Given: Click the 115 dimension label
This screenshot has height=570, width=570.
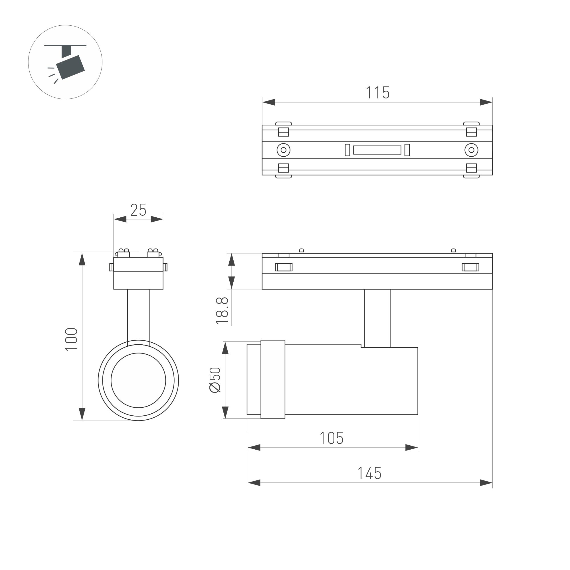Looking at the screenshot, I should click(x=378, y=93).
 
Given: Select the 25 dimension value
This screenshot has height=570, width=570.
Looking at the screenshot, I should click(x=138, y=210).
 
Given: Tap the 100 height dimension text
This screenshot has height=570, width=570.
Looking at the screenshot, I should click(x=71, y=339).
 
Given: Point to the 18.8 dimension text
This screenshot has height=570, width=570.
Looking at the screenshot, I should click(x=222, y=311).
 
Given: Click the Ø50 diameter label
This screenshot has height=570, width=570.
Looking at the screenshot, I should click(x=215, y=380).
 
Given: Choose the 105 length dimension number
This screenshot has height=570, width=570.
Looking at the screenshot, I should click(x=332, y=438).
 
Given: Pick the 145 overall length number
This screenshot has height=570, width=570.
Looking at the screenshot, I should click(x=369, y=474).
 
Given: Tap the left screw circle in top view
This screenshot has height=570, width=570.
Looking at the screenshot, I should click(x=284, y=150).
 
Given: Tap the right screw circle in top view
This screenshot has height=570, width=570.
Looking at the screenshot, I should click(x=471, y=150).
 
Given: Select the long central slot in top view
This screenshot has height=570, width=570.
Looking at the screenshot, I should click(x=377, y=150).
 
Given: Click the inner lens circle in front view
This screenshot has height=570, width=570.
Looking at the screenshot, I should click(x=138, y=380).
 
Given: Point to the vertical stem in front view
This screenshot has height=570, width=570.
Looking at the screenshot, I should click(x=138, y=314).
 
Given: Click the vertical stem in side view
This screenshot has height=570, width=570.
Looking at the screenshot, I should click(x=377, y=318).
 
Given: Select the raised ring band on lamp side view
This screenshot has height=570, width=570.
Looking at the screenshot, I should click(x=273, y=379).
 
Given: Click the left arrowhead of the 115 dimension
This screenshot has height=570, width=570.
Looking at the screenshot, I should click(x=268, y=102).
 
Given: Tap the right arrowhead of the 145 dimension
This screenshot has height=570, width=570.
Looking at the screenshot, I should click(x=486, y=483).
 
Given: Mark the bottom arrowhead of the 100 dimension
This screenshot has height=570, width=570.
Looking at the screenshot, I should click(x=82, y=414).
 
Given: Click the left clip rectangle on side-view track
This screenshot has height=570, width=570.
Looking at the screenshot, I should click(x=284, y=267).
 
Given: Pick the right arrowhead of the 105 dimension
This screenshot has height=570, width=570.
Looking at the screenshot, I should click(x=412, y=448).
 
